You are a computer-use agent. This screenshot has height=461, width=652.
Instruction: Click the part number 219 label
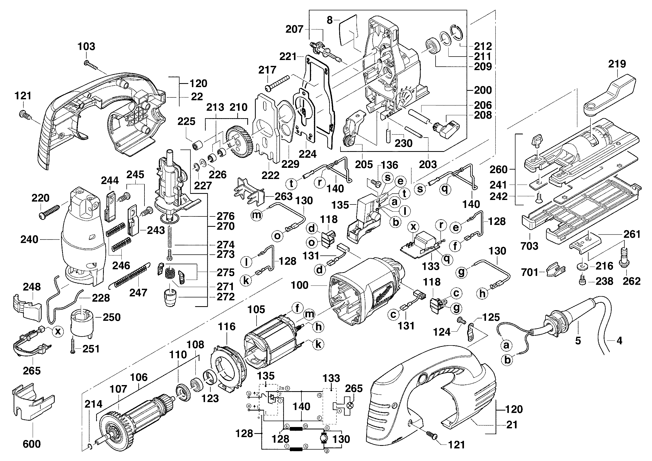tap(617, 64)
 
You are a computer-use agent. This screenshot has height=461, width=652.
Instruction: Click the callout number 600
tap(32, 444)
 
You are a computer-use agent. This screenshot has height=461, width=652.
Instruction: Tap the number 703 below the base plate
tap(529, 246)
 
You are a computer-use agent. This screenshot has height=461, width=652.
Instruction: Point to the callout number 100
tap(300, 285)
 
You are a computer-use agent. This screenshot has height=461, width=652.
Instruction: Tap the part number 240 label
tap(29, 240)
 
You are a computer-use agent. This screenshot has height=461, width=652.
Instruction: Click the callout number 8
tap(329, 20)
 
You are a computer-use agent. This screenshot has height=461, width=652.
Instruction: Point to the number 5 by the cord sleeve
tap(578, 341)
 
